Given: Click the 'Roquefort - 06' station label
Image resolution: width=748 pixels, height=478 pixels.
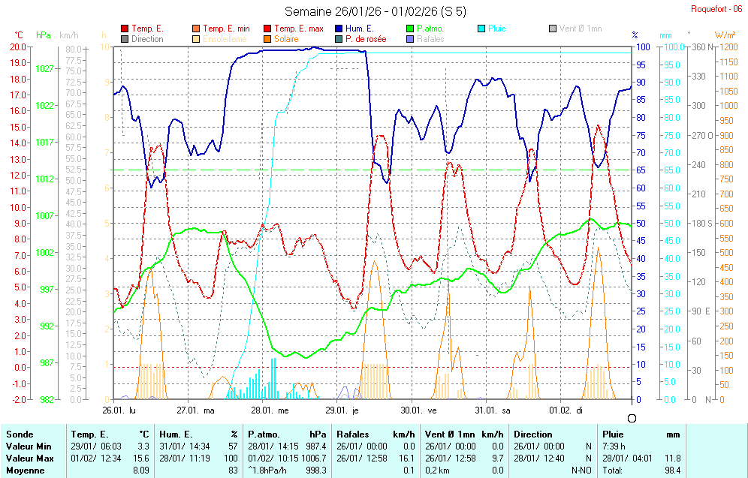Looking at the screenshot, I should [717, 9].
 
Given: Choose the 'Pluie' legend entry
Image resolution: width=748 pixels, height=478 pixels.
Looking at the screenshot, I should [496, 29].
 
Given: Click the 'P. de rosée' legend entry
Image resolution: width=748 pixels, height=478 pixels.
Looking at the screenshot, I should [365, 39].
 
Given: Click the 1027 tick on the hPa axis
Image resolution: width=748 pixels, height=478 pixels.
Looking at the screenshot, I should [44, 68].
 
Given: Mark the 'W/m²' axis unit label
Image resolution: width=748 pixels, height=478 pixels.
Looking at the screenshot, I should [725, 35].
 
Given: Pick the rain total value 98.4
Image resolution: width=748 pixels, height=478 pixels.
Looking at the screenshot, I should [672, 470].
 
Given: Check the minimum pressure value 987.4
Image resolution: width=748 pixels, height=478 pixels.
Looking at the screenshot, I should [316, 446].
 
